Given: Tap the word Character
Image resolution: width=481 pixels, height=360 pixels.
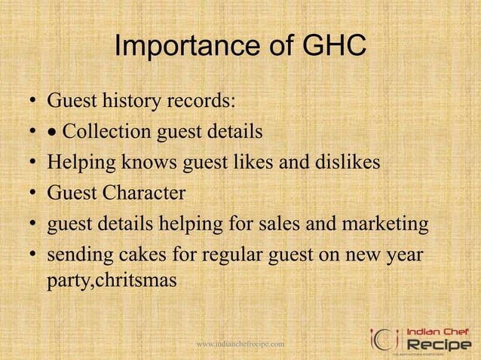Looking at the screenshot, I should (x=143, y=193).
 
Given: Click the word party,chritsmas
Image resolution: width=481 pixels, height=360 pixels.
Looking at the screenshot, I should (x=112, y=280).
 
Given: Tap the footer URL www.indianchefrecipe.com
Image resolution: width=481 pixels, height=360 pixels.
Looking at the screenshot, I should (x=240, y=344).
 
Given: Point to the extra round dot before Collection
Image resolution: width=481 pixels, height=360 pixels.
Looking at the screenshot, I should (x=53, y=133).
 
